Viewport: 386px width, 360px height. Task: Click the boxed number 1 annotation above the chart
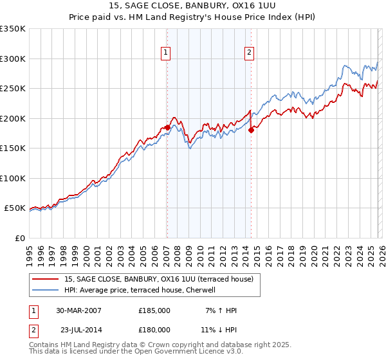(166, 53)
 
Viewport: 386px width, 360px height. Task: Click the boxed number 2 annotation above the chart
(249, 53)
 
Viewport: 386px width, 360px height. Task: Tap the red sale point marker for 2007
(167, 127)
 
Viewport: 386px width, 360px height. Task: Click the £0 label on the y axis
(19, 238)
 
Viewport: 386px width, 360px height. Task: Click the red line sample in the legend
(46, 279)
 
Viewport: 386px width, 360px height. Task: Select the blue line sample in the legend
(46, 290)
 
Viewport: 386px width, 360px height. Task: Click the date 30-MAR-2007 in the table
(78, 310)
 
